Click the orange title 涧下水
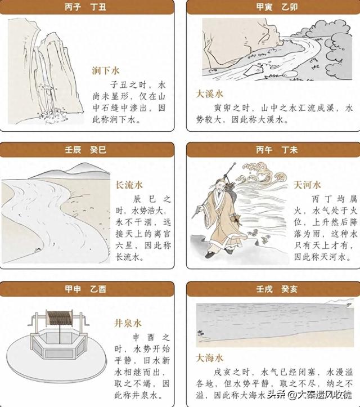click(106, 70)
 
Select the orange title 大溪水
click(210, 94)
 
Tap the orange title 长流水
click(129, 185)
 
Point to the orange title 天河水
click(307, 185)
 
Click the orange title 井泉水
click(128, 323)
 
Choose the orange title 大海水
click(210, 358)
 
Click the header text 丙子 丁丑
click(85, 7)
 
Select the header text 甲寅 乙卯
click(277, 7)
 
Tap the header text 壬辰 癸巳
click(85, 150)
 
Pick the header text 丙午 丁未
click(277, 150)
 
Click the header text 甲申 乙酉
click(85, 289)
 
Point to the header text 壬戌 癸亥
click(277, 289)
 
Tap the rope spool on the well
click(60, 318)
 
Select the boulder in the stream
click(254, 70)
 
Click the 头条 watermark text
click(276, 395)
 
